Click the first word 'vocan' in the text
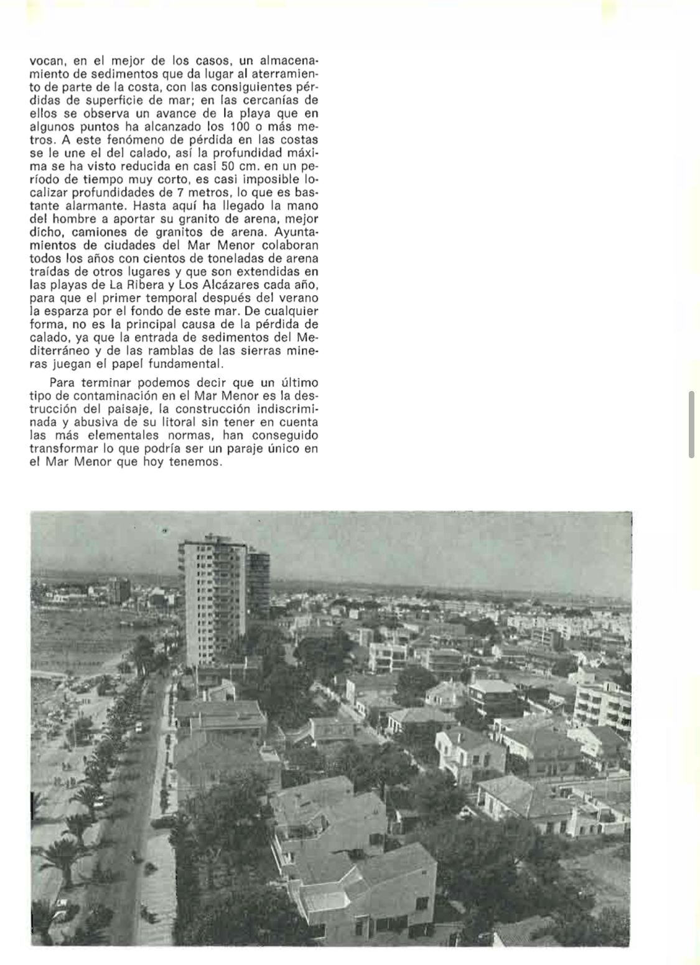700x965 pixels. click(44, 61)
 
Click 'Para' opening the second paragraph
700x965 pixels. click(61, 382)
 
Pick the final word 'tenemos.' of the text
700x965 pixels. click(195, 463)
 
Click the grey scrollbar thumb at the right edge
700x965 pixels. click(691, 425)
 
